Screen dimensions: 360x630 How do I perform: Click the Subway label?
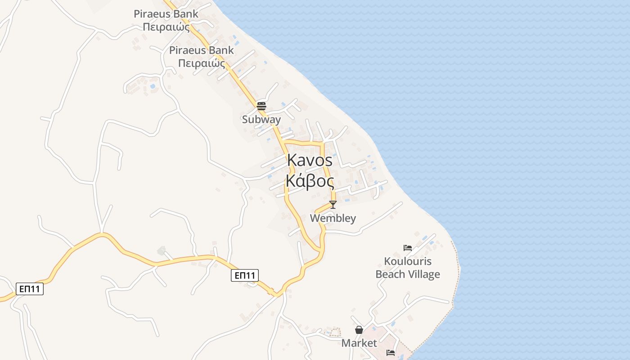(x=261, y=120)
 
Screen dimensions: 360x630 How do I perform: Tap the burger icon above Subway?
(x=261, y=106)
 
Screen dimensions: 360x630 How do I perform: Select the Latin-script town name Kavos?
(x=310, y=160)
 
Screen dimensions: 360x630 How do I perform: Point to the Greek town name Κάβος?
(x=310, y=182)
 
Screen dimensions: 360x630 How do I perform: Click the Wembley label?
(x=333, y=218)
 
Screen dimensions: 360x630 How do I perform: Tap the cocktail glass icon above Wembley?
(x=333, y=205)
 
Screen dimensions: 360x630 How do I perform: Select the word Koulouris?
(x=408, y=261)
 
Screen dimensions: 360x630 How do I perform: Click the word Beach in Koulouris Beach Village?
(x=391, y=274)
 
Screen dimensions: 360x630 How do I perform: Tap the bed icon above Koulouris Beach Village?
(x=408, y=247)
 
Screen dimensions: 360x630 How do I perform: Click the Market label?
(x=359, y=343)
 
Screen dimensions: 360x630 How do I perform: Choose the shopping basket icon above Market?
(x=359, y=330)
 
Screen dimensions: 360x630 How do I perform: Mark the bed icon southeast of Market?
(x=391, y=352)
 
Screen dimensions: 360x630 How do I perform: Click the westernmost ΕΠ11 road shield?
(x=30, y=288)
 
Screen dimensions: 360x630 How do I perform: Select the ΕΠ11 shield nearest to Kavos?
(x=245, y=275)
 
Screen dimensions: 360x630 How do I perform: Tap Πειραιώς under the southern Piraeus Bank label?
(x=202, y=63)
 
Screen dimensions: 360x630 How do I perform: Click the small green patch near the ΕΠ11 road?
(x=161, y=250)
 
